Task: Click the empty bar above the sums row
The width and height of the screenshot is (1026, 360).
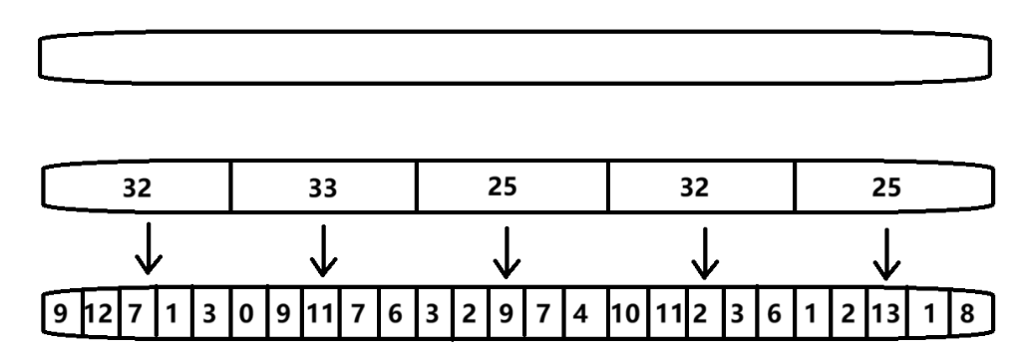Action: point(513,57)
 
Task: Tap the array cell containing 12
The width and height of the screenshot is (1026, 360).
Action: point(98,314)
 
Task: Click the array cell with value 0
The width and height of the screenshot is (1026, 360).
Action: point(245,314)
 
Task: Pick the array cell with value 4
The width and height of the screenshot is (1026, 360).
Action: point(578,314)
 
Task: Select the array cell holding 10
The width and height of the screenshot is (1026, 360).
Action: point(626,314)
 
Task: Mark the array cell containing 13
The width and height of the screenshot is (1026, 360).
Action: point(883,314)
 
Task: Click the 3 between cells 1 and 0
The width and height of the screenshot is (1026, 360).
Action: point(208,314)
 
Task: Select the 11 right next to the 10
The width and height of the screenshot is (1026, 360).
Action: point(667,314)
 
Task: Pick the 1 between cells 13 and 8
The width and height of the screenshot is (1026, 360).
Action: point(927,314)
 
